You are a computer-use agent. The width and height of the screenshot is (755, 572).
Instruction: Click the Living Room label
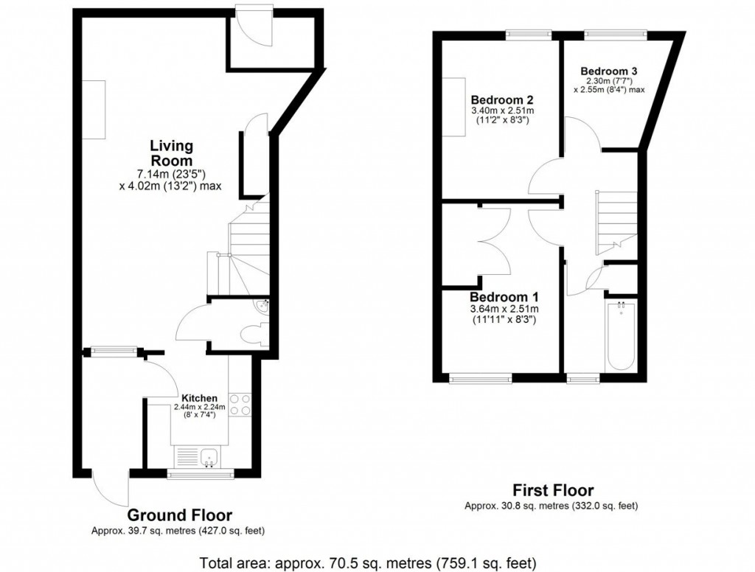pyautogui.click(x=171, y=153)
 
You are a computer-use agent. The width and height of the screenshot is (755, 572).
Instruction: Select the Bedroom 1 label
pyautogui.click(x=505, y=297)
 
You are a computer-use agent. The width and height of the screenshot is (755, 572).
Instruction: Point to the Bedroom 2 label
pyautogui.click(x=502, y=100)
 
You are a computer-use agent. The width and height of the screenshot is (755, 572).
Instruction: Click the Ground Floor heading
pyautogui.click(x=179, y=515)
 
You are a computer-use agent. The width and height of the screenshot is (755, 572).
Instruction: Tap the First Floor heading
pyautogui.click(x=553, y=490)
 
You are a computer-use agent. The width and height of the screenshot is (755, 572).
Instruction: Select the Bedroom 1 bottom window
pyautogui.click(x=480, y=379)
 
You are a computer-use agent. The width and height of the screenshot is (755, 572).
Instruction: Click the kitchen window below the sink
pyautogui.click(x=201, y=475)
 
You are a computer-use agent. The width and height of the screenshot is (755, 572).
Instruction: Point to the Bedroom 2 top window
pyautogui.click(x=528, y=34)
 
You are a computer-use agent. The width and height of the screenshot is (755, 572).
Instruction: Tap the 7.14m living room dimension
pyautogui.click(x=171, y=174)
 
